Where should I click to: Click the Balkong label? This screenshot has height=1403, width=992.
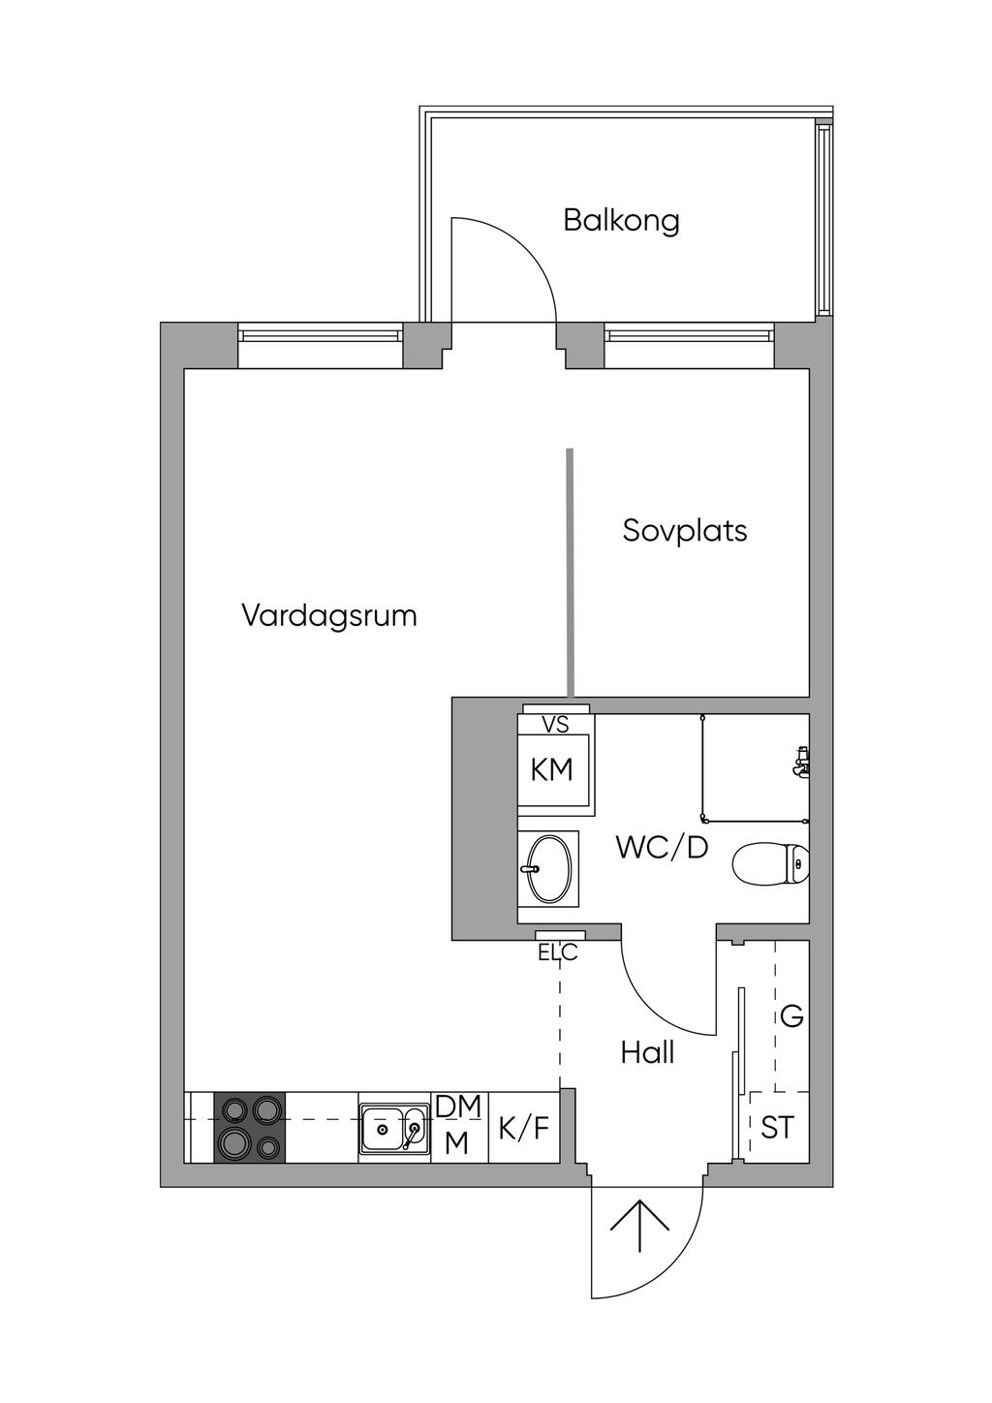(621, 222)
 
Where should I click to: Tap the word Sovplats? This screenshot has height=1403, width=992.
(685, 530)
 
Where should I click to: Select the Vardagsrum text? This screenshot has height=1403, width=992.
(329, 616)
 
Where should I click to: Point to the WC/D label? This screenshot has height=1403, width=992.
(662, 848)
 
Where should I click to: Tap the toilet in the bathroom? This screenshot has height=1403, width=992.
(770, 864)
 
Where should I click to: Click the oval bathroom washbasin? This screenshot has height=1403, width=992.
(549, 868)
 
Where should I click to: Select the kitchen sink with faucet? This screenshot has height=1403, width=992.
(394, 1129)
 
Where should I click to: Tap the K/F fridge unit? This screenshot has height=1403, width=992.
(523, 1129)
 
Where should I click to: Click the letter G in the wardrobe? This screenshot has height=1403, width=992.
(791, 1016)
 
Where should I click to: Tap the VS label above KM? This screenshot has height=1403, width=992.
(555, 725)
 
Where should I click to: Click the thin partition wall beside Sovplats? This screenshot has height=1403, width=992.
(570, 573)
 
